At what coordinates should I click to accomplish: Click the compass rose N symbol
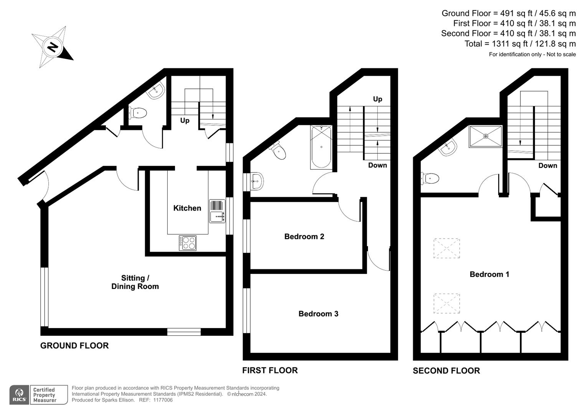[x=53, y=47]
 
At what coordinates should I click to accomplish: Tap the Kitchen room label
[x=187, y=208]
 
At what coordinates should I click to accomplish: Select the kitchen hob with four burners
[x=188, y=243]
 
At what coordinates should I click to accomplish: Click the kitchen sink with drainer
[x=217, y=211]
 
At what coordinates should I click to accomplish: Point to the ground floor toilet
[x=138, y=113]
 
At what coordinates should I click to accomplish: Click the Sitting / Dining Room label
[x=135, y=282]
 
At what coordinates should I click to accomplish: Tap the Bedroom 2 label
[x=304, y=237]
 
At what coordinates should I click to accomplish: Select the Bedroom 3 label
[x=318, y=314]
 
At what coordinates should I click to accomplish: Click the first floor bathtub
[x=321, y=147]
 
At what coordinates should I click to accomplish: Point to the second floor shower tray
[x=485, y=136]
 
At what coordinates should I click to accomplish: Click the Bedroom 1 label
[x=489, y=274]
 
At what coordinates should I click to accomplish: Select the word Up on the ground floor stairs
[x=185, y=121]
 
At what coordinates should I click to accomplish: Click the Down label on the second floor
[x=547, y=166]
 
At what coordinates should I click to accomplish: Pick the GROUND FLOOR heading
[x=74, y=345]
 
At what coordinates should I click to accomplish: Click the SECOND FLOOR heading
[x=446, y=371]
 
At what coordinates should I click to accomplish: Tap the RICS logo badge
[x=19, y=395]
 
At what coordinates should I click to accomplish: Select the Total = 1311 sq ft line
[x=520, y=44]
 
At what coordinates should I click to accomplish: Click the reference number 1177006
[x=163, y=400]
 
